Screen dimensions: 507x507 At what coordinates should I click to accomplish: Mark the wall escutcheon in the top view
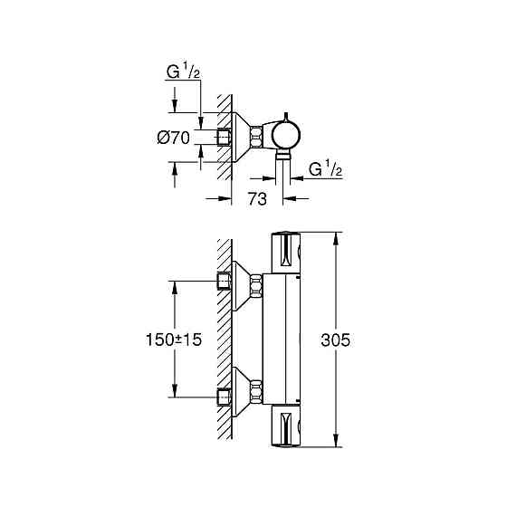[242, 137]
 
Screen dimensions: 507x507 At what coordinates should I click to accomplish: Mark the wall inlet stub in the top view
[225, 137]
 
